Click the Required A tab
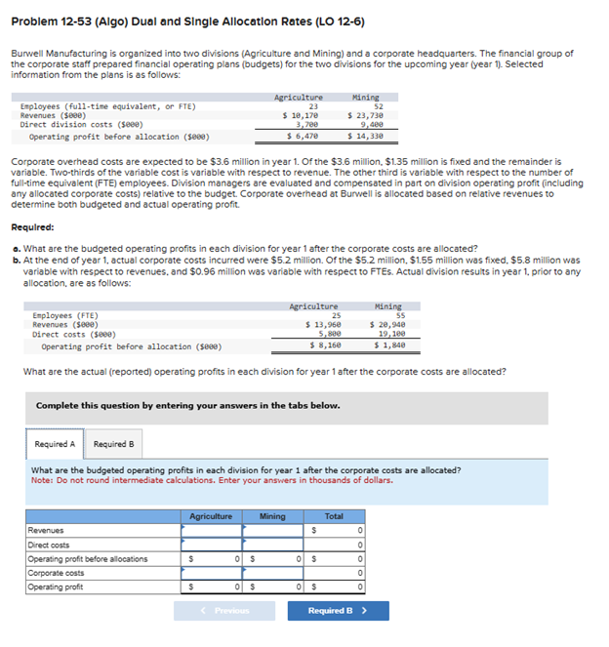click(x=55, y=444)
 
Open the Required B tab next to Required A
click(x=114, y=444)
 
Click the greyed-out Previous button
click(x=225, y=611)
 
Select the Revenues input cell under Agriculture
click(x=211, y=530)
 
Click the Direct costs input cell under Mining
click(x=273, y=545)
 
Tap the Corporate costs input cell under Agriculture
click(x=211, y=573)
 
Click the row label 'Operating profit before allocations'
click(x=88, y=559)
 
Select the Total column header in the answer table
click(x=333, y=515)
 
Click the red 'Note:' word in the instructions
click(x=43, y=479)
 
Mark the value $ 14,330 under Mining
click(x=368, y=136)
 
